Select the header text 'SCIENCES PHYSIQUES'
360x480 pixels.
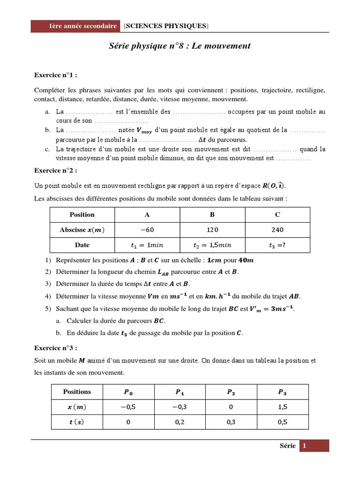coord(166,26)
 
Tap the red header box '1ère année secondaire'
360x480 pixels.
coord(76,26)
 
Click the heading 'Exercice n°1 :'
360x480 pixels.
coord(56,75)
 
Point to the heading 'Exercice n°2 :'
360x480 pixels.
coord(56,170)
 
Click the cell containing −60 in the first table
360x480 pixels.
coord(147,230)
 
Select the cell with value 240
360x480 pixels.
coord(277,230)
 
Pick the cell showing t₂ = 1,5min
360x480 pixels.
coord(212,245)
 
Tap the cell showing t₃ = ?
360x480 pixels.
coord(277,245)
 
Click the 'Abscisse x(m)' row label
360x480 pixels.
coord(82,230)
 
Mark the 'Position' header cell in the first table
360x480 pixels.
coord(82,215)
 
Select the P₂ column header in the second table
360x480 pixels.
coord(231,392)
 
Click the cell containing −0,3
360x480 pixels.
coord(180,407)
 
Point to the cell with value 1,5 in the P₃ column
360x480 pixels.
coord(283,407)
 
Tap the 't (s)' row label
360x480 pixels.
coord(77,422)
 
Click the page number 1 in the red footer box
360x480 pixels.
coord(304,446)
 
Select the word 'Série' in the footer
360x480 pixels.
coord(287,446)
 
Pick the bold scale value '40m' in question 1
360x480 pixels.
coord(247,260)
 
